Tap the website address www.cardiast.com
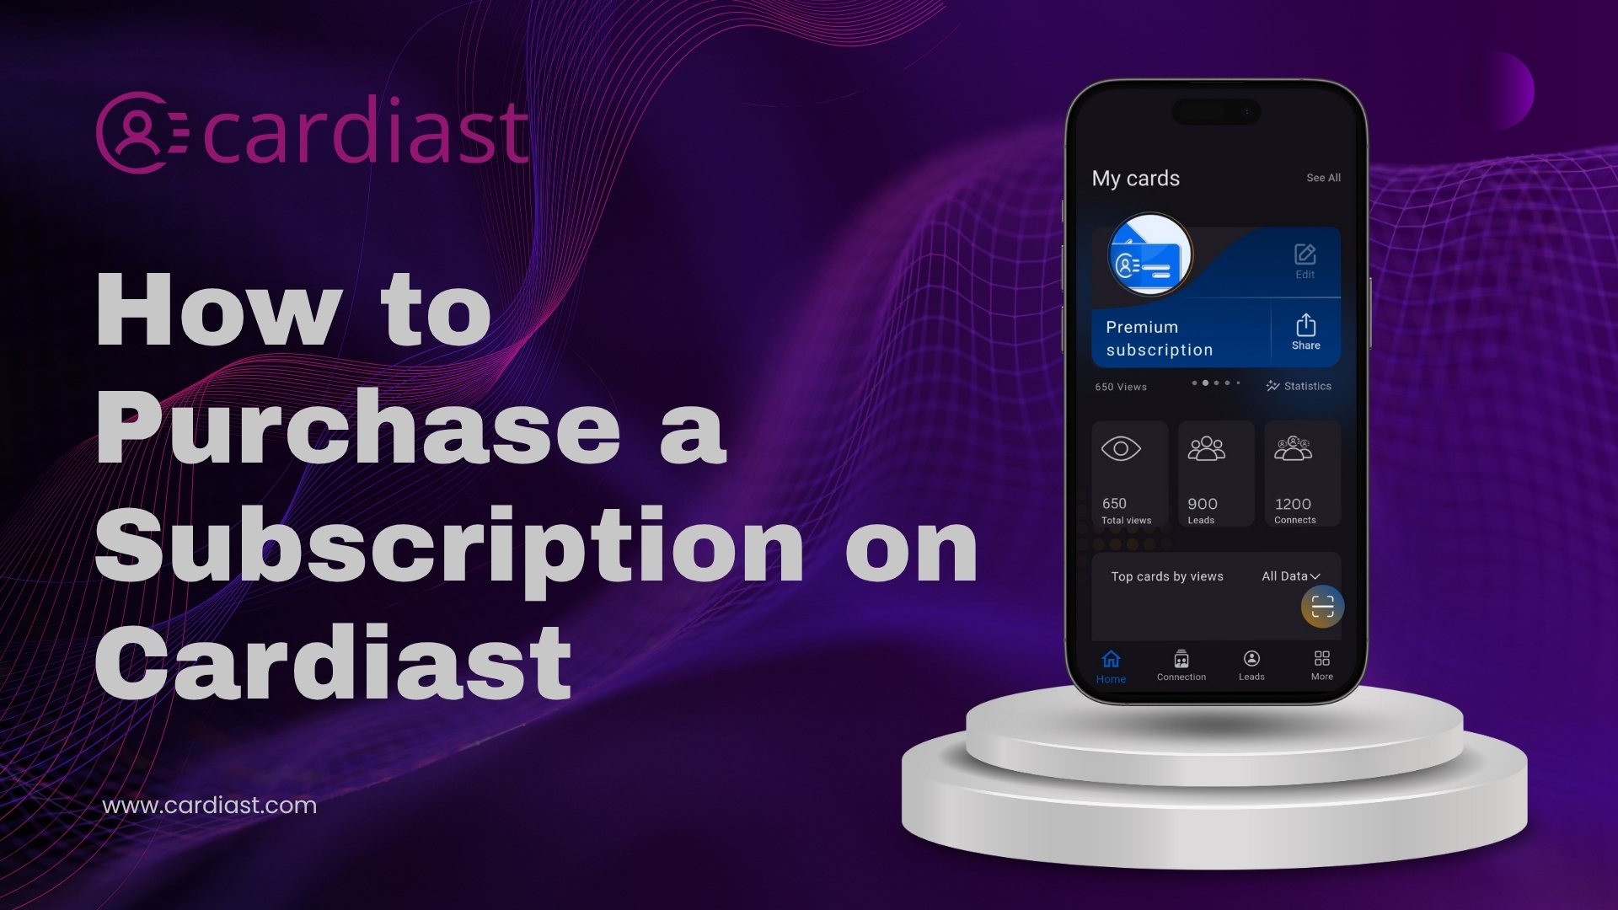(x=209, y=806)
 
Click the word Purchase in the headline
(x=358, y=427)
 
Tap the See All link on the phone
(x=1323, y=178)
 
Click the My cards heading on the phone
(x=1135, y=179)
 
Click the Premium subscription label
(x=1159, y=339)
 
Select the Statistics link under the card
(x=1299, y=386)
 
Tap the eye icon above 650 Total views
(x=1121, y=449)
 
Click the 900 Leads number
(x=1203, y=504)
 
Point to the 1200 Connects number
(x=1293, y=504)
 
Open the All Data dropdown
(x=1290, y=576)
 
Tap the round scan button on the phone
(x=1322, y=607)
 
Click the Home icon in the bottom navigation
(x=1112, y=659)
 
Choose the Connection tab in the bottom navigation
(x=1181, y=666)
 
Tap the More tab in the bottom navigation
(x=1322, y=666)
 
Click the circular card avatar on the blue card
(x=1149, y=254)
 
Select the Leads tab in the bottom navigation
(x=1251, y=666)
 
